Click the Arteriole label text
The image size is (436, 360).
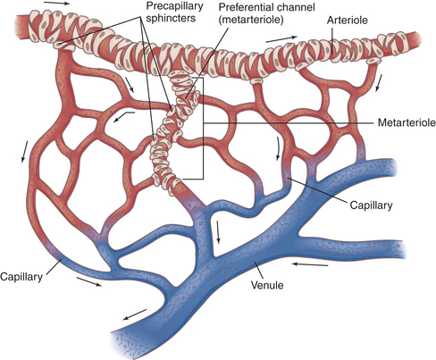(x=348, y=21)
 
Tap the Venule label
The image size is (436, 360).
(x=267, y=285)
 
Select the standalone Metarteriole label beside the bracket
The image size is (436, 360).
(x=407, y=122)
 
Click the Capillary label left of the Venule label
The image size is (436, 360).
(x=21, y=277)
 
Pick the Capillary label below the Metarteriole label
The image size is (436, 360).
(x=371, y=205)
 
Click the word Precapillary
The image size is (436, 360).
(x=175, y=6)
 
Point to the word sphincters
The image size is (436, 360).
(x=171, y=18)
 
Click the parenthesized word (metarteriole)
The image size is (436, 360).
(x=251, y=20)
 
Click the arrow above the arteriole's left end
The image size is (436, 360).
(x=56, y=4)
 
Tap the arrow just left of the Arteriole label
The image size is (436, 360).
(x=281, y=39)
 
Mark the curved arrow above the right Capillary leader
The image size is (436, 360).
(x=279, y=148)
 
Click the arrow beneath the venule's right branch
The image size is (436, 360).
(x=310, y=264)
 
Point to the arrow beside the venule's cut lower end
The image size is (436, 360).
(x=134, y=314)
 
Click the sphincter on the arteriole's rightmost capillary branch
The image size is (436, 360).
(x=373, y=61)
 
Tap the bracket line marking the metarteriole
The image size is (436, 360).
(x=203, y=128)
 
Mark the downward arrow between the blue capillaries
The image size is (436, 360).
(x=219, y=232)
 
